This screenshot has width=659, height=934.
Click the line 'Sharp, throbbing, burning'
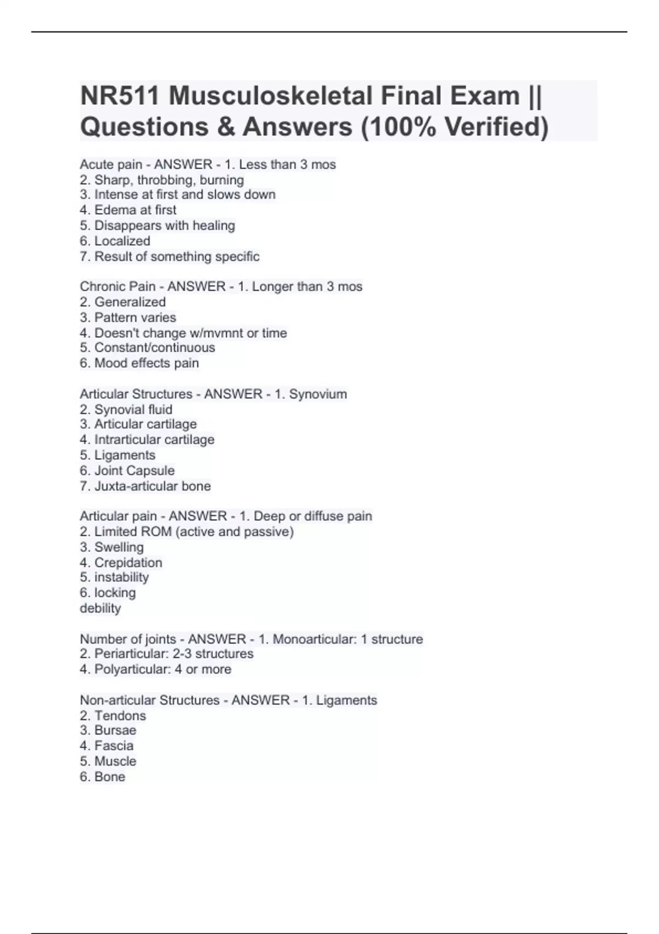(169, 180)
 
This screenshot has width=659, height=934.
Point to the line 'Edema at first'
(135, 210)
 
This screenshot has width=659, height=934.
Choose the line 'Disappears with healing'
(164, 225)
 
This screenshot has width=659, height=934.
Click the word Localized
(122, 241)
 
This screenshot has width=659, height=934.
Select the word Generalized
(130, 302)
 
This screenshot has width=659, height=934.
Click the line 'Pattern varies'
(135, 318)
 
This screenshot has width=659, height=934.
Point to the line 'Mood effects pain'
(146, 363)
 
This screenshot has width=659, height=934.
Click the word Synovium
(318, 394)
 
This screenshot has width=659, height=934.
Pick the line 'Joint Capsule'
(134, 470)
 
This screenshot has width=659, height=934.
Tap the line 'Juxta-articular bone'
(152, 486)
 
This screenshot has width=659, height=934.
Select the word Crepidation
(128, 563)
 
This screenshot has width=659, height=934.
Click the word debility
(100, 608)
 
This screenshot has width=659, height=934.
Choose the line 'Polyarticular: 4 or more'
(163, 669)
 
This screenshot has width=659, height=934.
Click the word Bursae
(115, 730)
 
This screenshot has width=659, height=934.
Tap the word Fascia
(114, 746)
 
